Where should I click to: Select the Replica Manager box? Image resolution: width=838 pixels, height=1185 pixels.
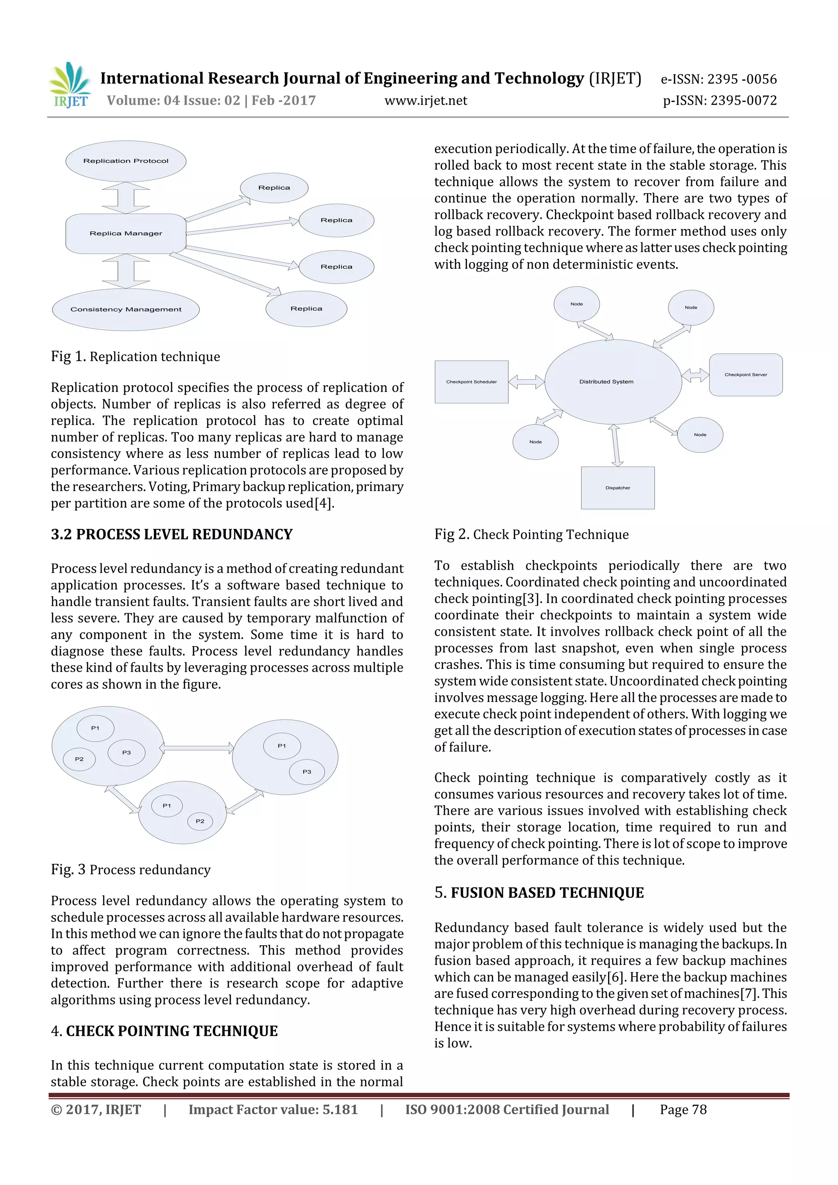pyautogui.click(x=126, y=233)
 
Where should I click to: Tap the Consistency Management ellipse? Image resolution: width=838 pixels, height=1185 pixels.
pyautogui.click(x=126, y=309)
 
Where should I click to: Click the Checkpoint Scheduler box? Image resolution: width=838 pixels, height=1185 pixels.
pyautogui.click(x=471, y=382)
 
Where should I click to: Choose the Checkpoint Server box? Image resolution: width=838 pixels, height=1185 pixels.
pyautogui.click(x=745, y=375)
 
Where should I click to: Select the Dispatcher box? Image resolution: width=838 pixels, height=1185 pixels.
pyautogui.click(x=617, y=488)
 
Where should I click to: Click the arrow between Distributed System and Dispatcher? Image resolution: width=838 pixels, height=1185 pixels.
pyautogui.click(x=615, y=445)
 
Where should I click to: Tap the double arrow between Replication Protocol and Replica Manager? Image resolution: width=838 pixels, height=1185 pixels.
pyautogui.click(x=126, y=198)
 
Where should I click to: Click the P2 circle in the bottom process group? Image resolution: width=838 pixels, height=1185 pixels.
pyautogui.click(x=200, y=821)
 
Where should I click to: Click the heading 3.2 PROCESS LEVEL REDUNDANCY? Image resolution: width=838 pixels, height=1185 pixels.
pyautogui.click(x=171, y=534)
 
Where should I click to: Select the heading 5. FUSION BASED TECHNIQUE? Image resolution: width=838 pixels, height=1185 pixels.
pyautogui.click(x=539, y=893)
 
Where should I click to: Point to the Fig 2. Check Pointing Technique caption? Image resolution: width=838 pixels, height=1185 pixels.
pyautogui.click(x=531, y=534)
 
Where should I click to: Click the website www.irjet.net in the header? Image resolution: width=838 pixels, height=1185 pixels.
pyautogui.click(x=426, y=101)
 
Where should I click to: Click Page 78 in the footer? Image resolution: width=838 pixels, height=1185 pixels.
pyautogui.click(x=683, y=1110)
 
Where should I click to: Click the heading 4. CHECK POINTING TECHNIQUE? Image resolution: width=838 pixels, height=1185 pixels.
pyautogui.click(x=164, y=1031)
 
